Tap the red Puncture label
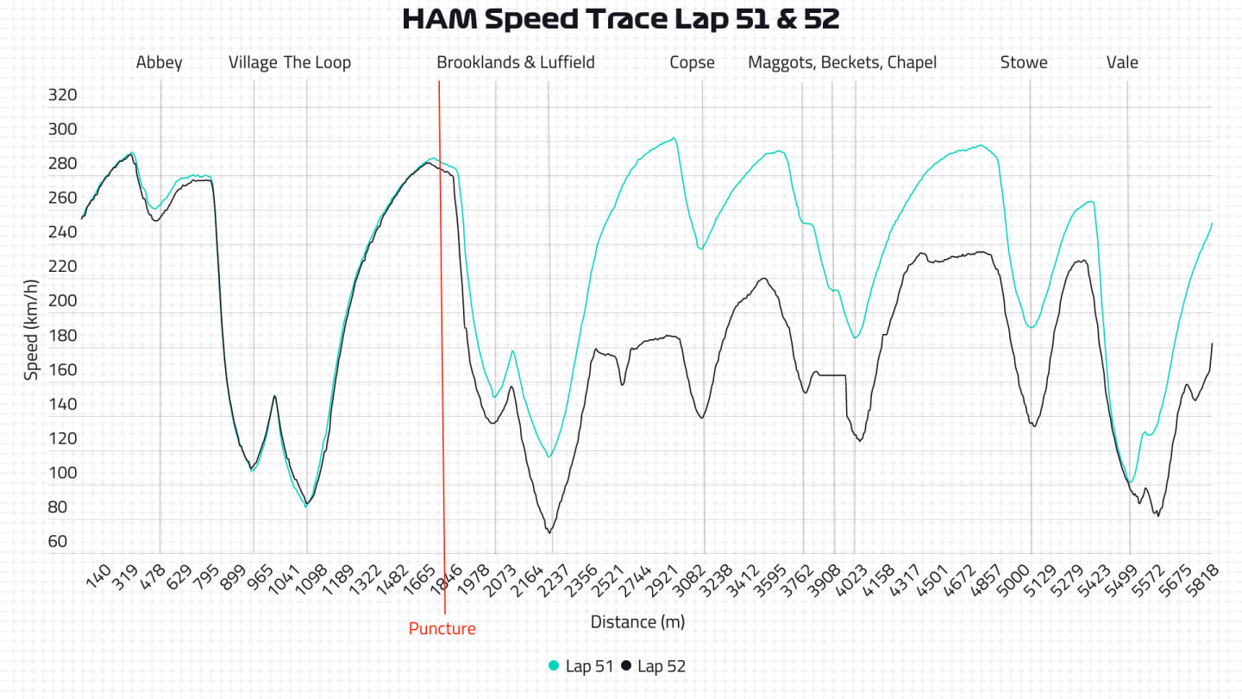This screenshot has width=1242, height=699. pyautogui.click(x=442, y=628)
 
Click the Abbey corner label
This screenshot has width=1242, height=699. pyautogui.click(x=160, y=62)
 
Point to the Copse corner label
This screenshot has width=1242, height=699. pyautogui.click(x=692, y=62)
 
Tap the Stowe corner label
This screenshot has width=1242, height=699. pyautogui.click(x=1024, y=62)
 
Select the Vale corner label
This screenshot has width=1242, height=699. pyautogui.click(x=1122, y=62)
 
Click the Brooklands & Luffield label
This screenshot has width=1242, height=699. pyautogui.click(x=515, y=62)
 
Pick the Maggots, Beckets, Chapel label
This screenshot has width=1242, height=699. pyautogui.click(x=842, y=62)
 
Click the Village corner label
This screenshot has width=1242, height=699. pyautogui.click(x=253, y=62)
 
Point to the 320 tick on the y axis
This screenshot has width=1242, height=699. pyautogui.click(x=61, y=95)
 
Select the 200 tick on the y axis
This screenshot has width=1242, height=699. pyautogui.click(x=61, y=301)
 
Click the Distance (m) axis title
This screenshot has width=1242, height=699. pyautogui.click(x=637, y=621)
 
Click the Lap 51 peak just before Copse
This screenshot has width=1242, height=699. pyautogui.click(x=674, y=138)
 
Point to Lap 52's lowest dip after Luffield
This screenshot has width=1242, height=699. pyautogui.click(x=549, y=532)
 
